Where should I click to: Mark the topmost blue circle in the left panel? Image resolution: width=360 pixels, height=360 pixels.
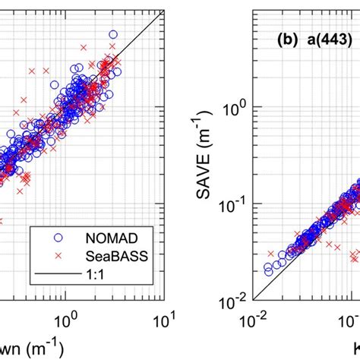coord(113,34)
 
